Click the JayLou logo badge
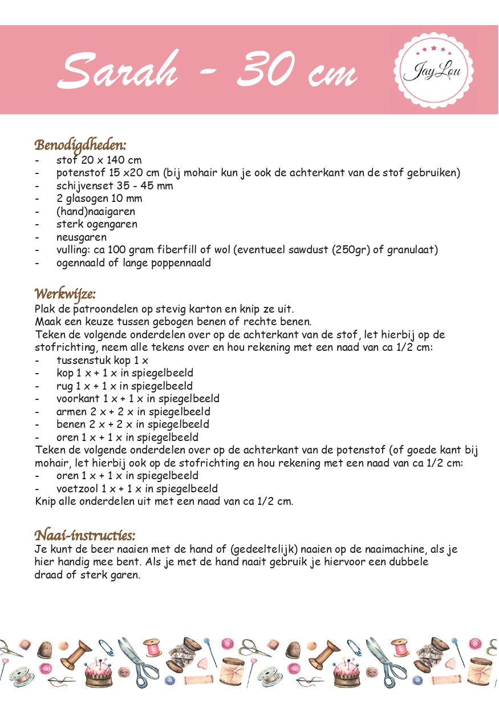pos(433,71)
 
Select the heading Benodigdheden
pos(80,144)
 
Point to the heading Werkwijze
pos(65,294)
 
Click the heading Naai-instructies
pos(85,535)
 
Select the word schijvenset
pos(83,185)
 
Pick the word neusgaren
pos(81,237)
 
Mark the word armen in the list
pos(71,411)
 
